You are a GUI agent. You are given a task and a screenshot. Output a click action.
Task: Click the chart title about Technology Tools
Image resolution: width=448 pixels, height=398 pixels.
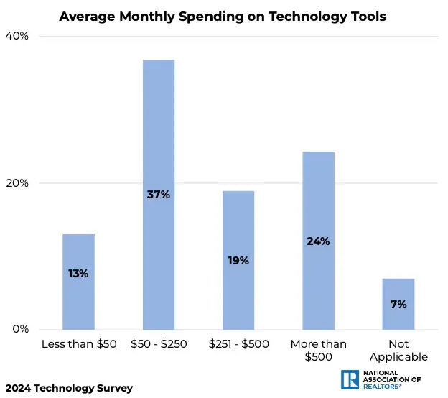pos(223,16)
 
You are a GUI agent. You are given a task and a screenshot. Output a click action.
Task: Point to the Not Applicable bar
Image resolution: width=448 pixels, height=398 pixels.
pos(398,316)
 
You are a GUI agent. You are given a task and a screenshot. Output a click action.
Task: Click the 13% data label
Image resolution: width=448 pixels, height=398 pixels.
pos(78,273)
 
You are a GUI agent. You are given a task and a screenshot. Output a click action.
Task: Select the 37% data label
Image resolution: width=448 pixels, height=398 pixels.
pos(159,194)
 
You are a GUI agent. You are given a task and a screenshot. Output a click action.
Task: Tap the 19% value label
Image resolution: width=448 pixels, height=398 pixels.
pos(238,260)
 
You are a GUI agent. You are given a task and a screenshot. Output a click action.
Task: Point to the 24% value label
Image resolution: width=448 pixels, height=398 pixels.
pos(318,241)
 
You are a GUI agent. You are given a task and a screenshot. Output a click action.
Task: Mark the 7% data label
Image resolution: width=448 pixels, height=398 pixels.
pos(398,304)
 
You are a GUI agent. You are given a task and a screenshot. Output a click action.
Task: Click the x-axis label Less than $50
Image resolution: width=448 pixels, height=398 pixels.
pos(79,344)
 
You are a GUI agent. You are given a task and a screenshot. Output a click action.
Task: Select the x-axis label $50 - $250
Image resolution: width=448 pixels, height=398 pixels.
pos(159,344)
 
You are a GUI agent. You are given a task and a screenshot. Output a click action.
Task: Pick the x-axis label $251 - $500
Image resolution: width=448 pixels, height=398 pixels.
pos(238,344)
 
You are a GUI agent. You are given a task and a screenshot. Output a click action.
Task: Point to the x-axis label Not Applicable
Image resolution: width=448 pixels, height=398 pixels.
pos(398,350)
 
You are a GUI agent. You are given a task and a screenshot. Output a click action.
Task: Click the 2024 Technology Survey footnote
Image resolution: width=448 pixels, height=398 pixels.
pos(68,388)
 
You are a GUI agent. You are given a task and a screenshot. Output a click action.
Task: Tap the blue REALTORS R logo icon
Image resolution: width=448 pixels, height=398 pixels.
pos(351,380)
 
